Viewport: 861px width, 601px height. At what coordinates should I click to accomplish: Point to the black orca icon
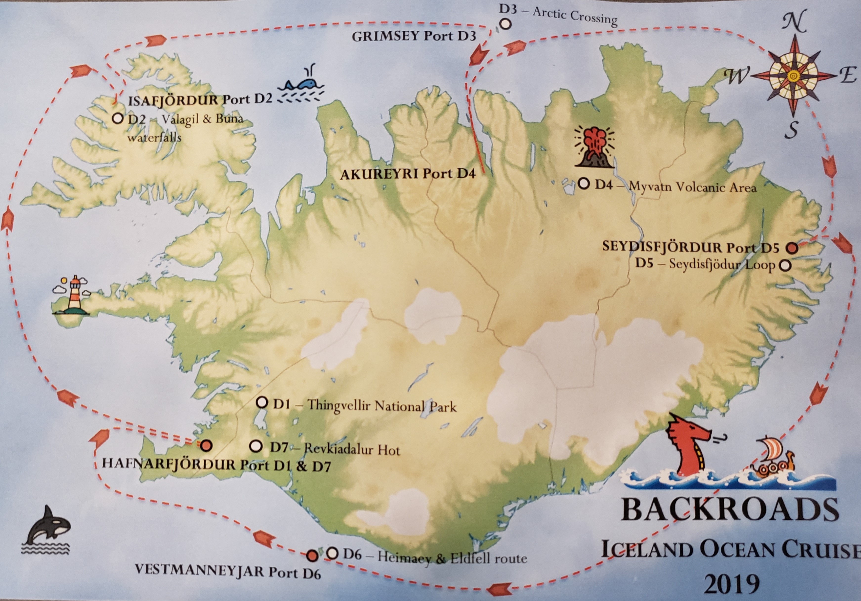point(48,526)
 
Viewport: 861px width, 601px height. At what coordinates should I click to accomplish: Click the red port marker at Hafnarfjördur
point(207,446)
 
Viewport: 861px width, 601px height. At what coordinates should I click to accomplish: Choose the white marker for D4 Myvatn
point(584,184)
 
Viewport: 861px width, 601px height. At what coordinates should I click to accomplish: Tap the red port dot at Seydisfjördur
point(792,248)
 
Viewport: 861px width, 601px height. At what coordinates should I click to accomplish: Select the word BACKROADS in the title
point(729,509)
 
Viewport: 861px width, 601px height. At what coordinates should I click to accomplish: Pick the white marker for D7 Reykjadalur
point(255,446)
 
